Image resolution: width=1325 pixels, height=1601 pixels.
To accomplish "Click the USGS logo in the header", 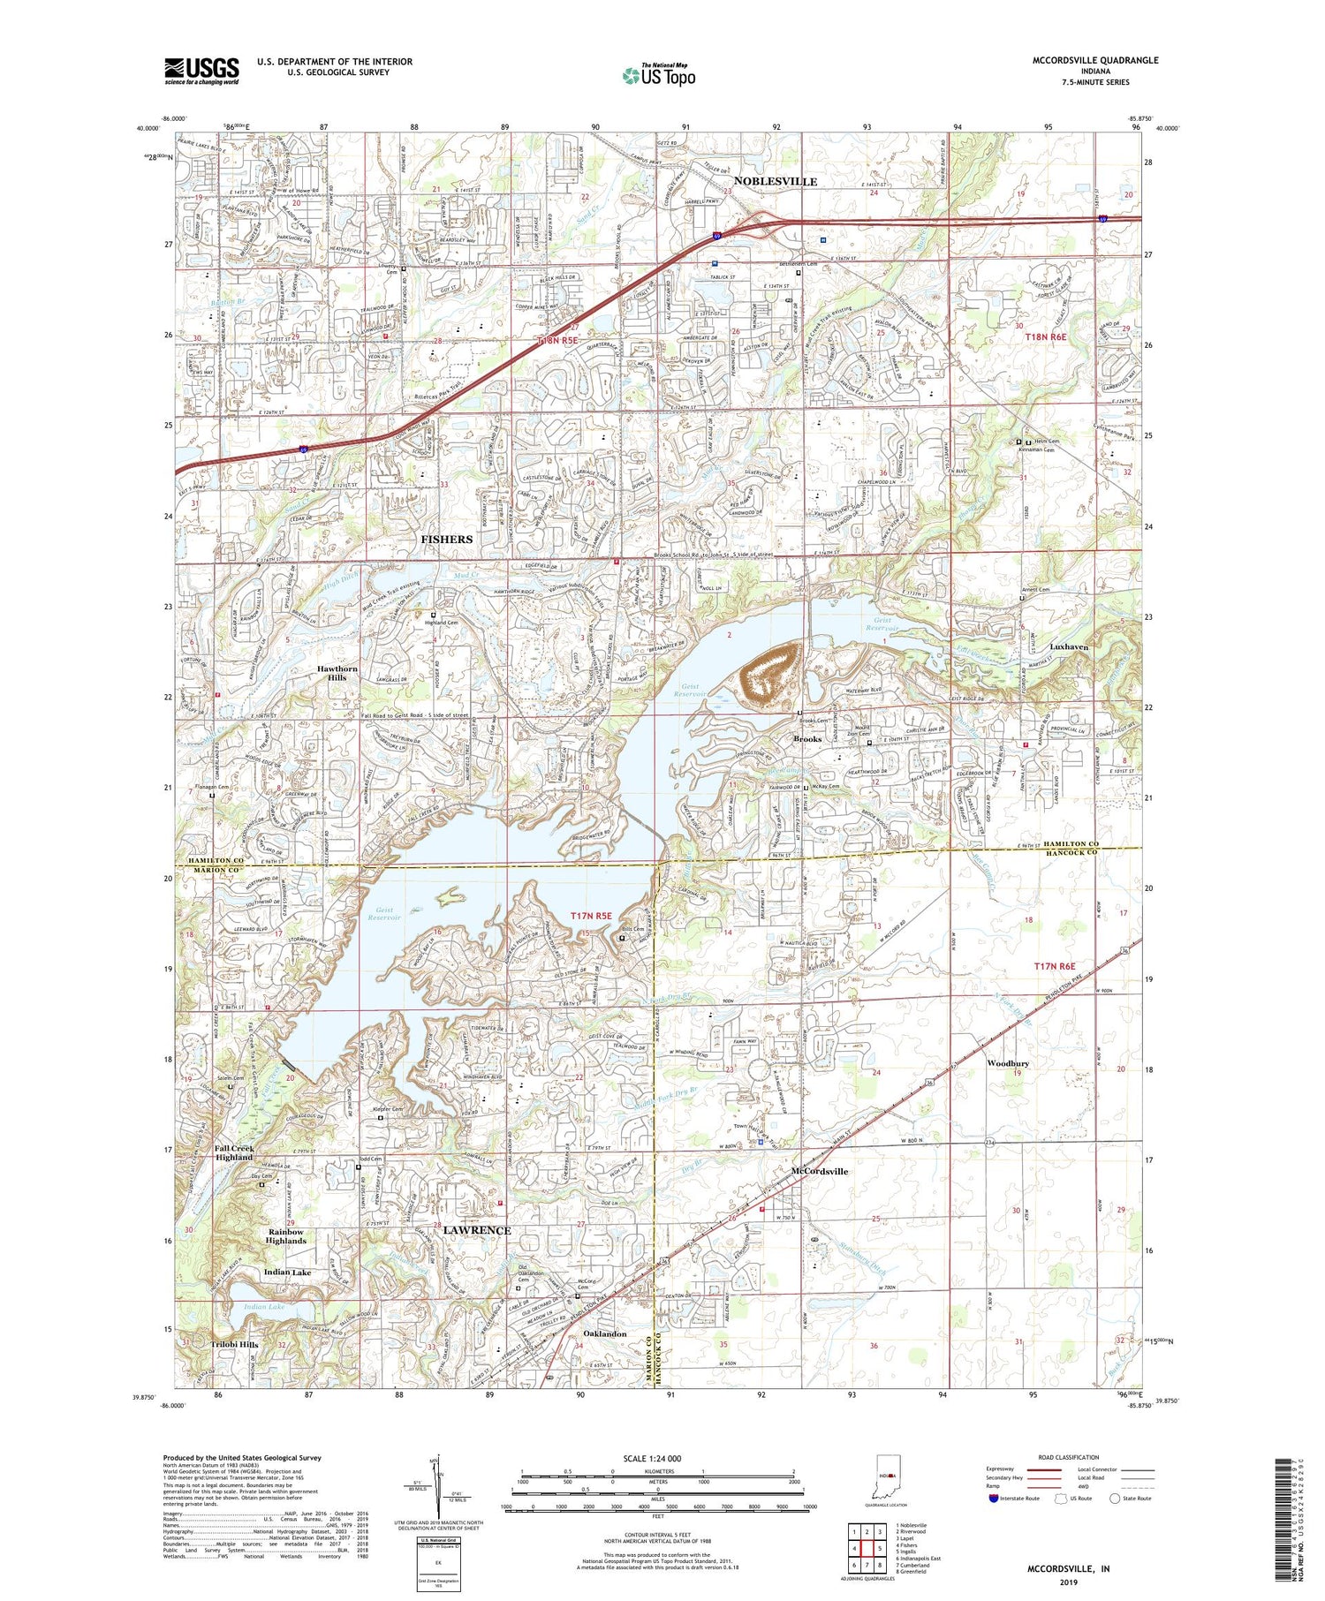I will tap(201, 71).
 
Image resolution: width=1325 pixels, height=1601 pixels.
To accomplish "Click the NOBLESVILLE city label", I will tap(775, 181).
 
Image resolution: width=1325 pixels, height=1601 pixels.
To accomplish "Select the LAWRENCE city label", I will tap(477, 1230).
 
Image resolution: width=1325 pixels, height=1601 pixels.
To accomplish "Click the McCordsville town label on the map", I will tap(819, 1171).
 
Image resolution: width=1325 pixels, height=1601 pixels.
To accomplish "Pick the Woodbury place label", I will tap(1008, 1063).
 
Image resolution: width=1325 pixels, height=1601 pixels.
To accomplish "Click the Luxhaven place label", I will tap(1069, 646).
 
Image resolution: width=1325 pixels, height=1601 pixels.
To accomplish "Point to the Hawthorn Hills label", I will tap(337, 674).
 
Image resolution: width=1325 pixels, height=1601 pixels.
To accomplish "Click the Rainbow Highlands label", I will tap(286, 1236).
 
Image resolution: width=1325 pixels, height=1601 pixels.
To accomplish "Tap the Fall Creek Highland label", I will tap(234, 1152).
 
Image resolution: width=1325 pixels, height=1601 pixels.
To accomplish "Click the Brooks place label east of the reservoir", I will tap(807, 738).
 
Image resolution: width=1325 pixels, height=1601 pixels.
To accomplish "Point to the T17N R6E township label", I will tap(1063, 967).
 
